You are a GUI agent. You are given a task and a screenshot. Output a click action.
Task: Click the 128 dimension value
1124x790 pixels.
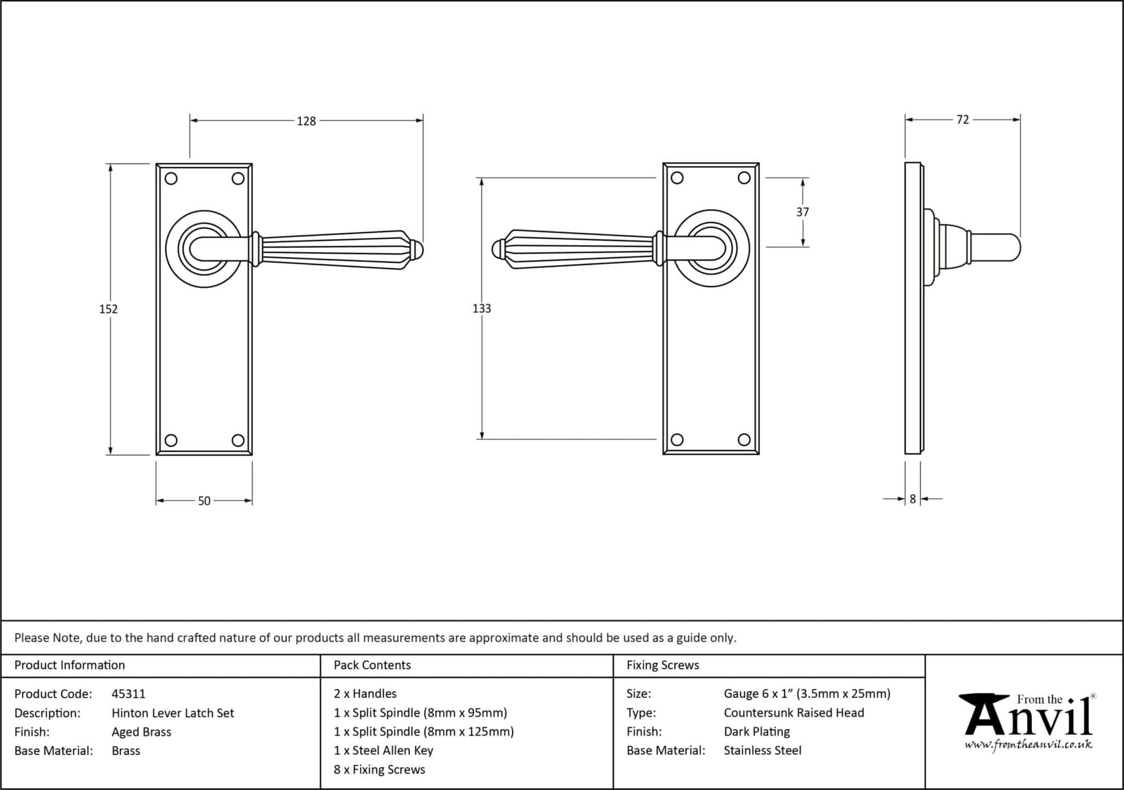[306, 121]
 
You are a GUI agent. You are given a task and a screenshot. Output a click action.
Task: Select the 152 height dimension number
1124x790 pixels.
[108, 309]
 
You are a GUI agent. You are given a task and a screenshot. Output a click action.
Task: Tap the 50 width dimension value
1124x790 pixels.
[204, 501]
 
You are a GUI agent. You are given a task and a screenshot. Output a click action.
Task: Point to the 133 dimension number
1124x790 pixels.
[481, 308]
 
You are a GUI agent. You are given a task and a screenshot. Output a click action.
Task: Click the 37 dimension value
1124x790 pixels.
[802, 212]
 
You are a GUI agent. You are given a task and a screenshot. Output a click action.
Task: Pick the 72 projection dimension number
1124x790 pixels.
[963, 120]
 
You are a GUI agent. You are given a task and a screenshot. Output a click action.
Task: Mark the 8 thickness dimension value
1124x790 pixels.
[913, 499]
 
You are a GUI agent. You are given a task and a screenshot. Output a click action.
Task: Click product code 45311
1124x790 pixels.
[128, 694]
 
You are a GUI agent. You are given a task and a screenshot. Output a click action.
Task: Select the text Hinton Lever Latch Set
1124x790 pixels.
[173, 713]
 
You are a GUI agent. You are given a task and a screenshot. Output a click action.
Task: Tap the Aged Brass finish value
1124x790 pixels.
[142, 732]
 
